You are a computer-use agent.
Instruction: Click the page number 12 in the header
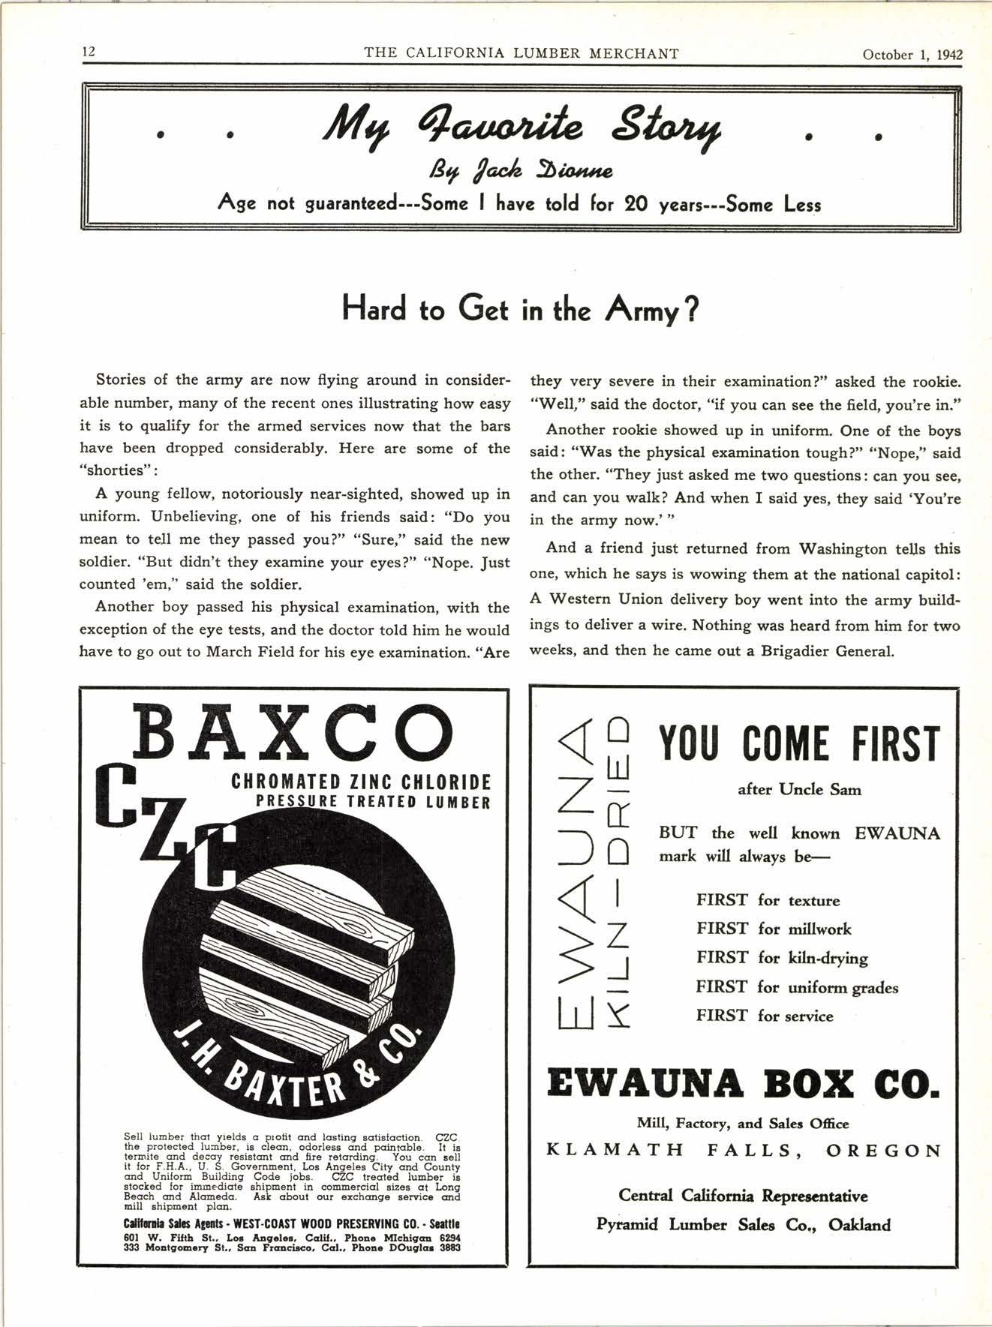tap(88, 53)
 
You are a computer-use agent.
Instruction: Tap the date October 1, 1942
tap(912, 54)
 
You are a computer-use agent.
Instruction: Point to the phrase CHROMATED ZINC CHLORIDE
tap(361, 782)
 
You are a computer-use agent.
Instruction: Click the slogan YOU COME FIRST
tap(798, 743)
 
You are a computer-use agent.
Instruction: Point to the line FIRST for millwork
tap(773, 929)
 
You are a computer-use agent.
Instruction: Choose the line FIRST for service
tap(764, 1016)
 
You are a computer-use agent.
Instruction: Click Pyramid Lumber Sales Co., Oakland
tap(744, 1224)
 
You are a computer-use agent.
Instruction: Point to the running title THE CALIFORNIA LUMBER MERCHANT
tap(521, 53)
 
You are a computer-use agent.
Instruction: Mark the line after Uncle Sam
tap(799, 789)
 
